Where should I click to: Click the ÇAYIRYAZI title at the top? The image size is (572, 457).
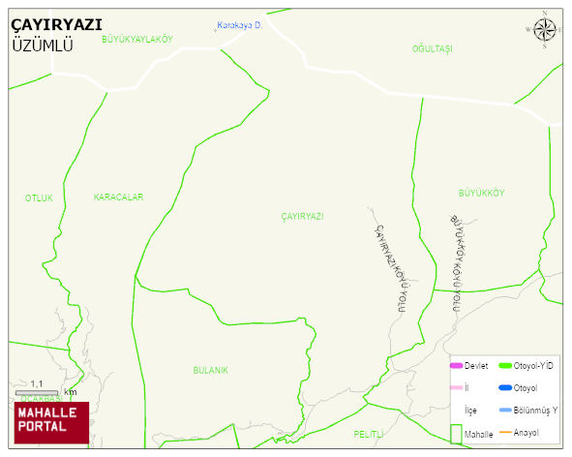[56, 25]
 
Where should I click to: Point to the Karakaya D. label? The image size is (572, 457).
[240, 25]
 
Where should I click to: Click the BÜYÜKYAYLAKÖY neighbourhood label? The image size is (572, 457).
[136, 39]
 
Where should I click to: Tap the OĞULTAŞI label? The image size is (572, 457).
[432, 48]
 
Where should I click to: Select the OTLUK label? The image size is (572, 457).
[39, 198]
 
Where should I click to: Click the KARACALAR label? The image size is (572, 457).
[118, 198]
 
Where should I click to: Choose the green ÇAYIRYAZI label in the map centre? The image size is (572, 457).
[302, 216]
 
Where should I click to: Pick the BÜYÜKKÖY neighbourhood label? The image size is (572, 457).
[481, 193]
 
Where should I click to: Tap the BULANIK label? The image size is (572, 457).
[210, 371]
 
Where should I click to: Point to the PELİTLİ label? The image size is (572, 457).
[369, 434]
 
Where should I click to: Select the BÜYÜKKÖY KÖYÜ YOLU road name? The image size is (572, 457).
[458, 262]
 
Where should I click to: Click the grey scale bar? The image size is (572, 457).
[38, 392]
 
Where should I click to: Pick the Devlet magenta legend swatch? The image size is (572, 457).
[456, 366]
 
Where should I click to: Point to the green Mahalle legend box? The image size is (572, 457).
[456, 433]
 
